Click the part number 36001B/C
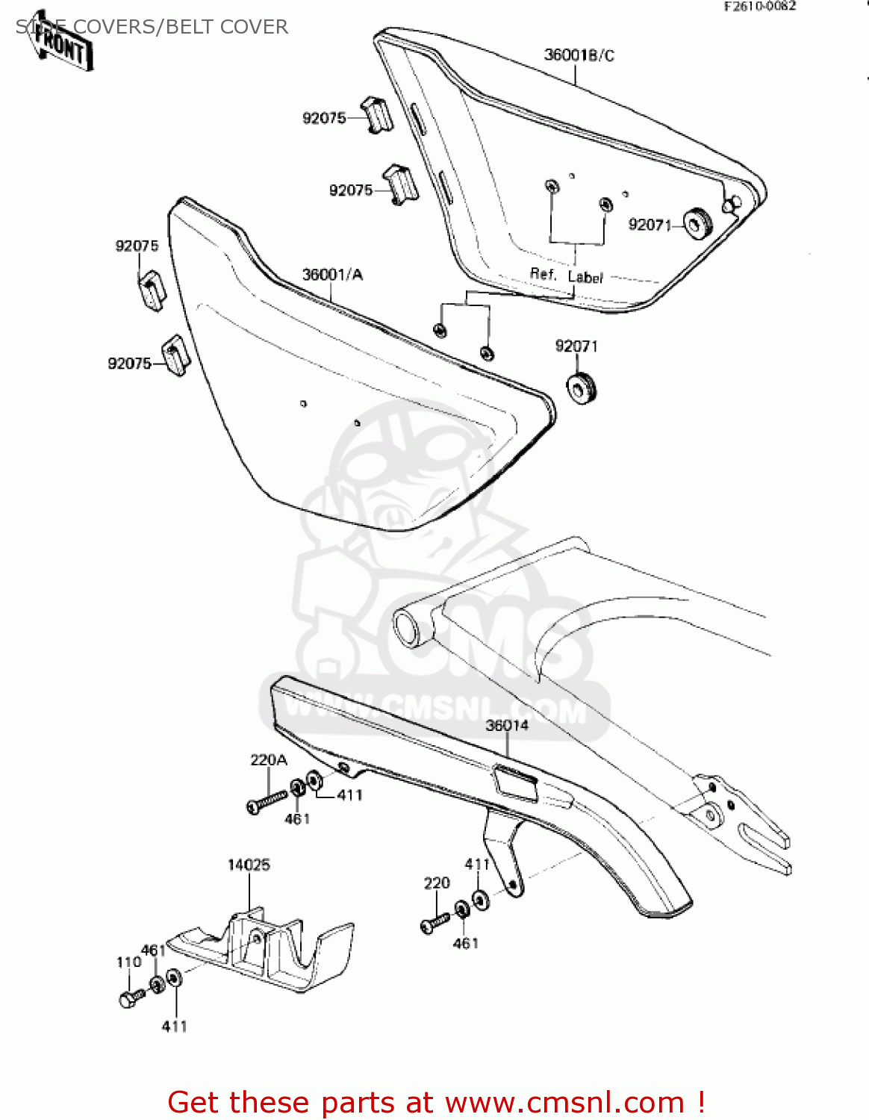coord(579,55)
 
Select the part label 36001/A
coord(332,275)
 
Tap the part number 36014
coord(507,725)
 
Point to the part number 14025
coord(249,865)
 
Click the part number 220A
coord(269,760)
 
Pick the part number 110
coord(128,962)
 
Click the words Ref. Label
coord(566,276)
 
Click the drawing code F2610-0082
coord(759,6)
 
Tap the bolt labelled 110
coord(131,998)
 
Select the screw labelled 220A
coord(266,801)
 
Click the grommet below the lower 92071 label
coord(582,388)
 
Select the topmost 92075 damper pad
coord(378,113)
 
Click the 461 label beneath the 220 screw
coord(465,944)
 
